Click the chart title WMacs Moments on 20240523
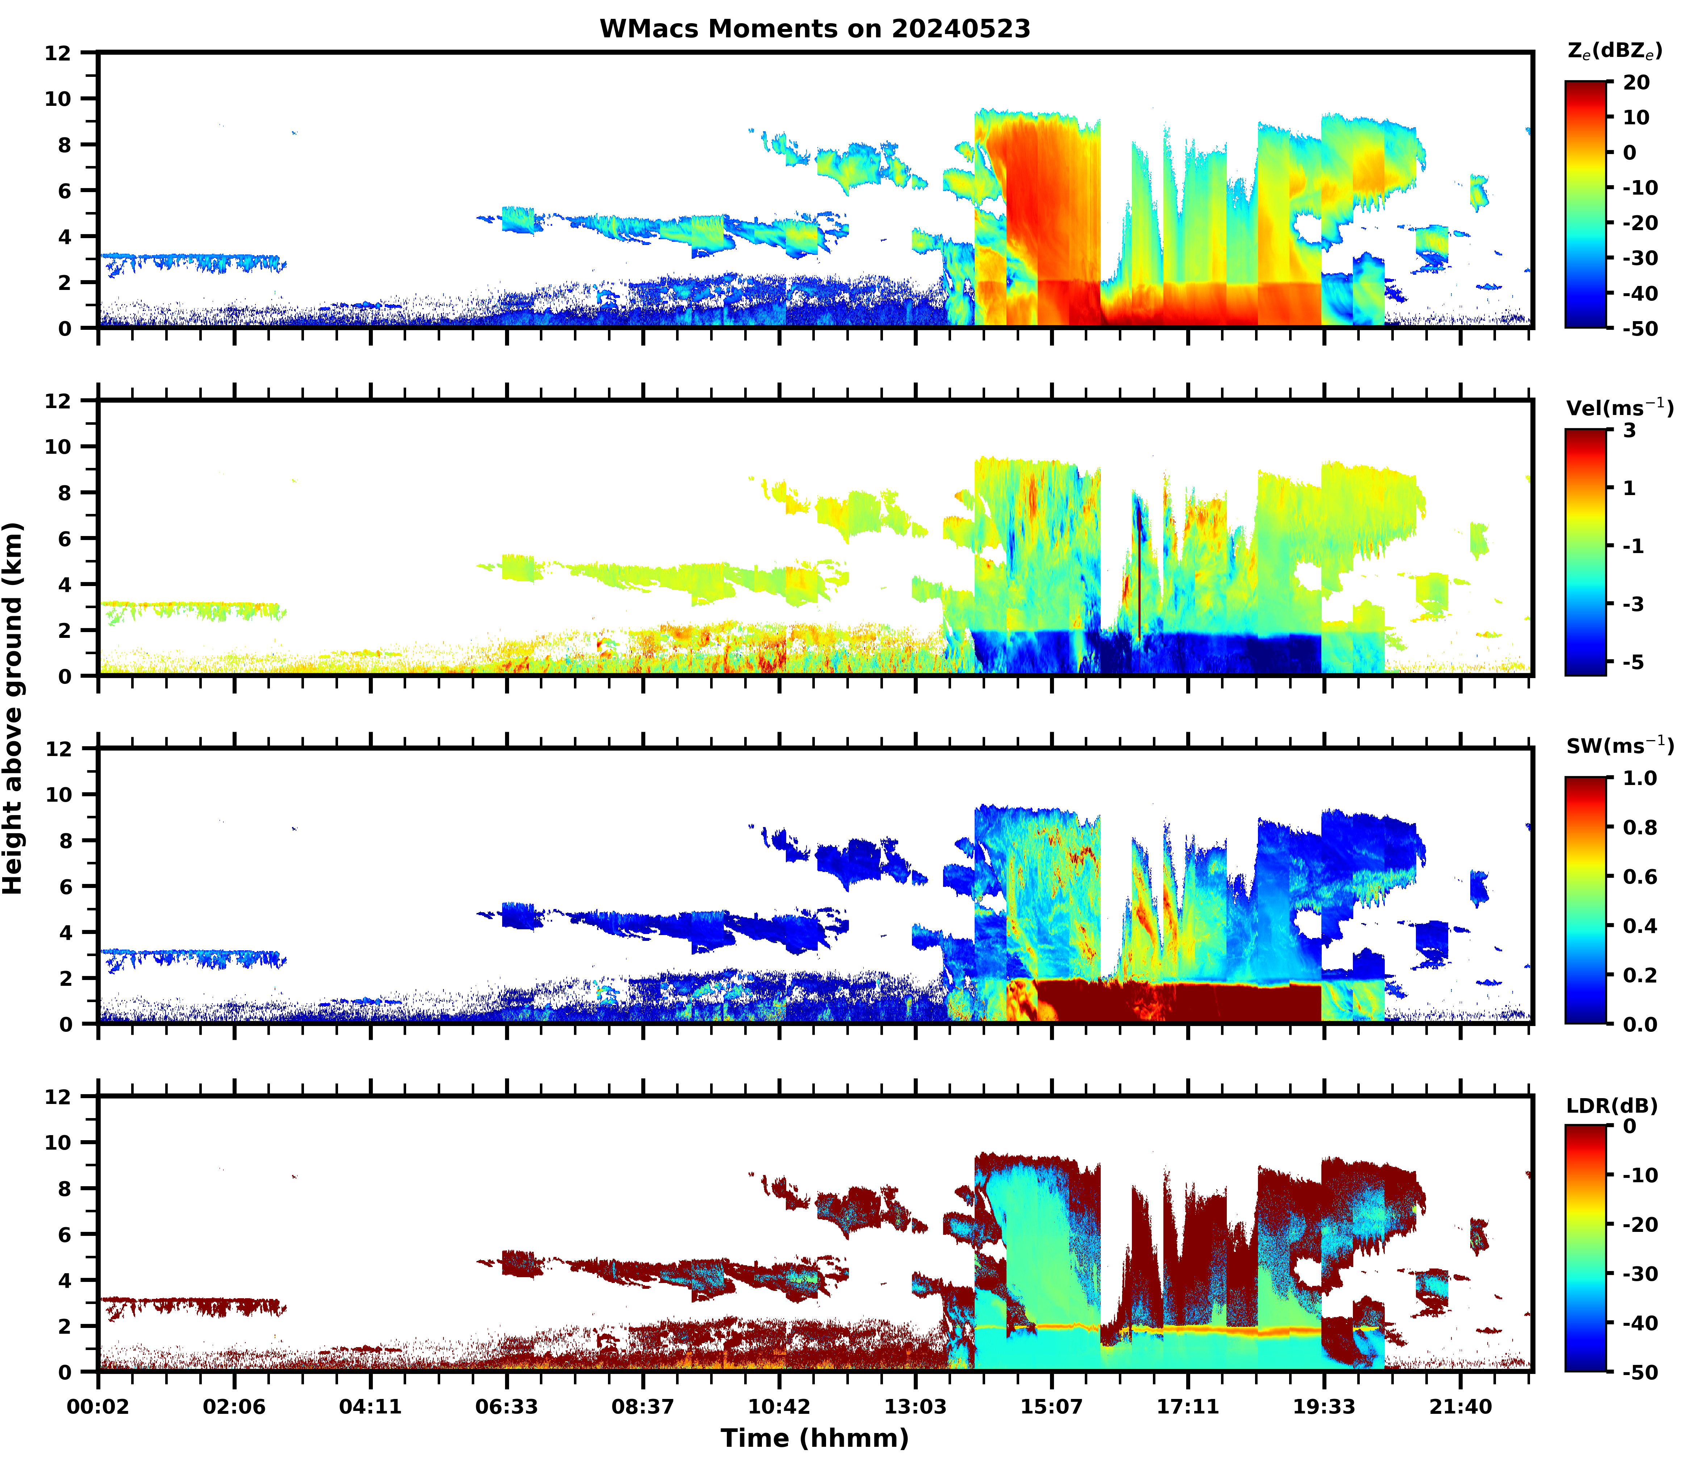coord(814,29)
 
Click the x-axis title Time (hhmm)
coord(814,1437)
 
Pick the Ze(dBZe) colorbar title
coord(1614,51)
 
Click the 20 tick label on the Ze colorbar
coord(1635,83)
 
